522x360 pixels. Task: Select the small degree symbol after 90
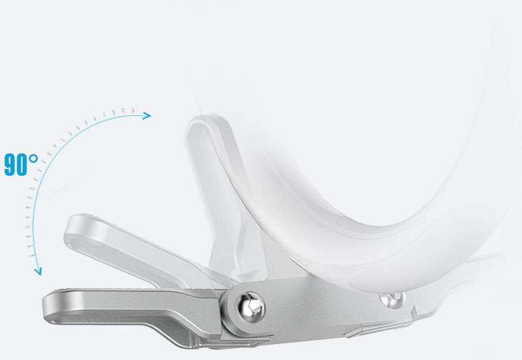click(x=33, y=158)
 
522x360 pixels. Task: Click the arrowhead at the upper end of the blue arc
click(x=146, y=116)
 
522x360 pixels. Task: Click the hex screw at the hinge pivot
click(x=250, y=305)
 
